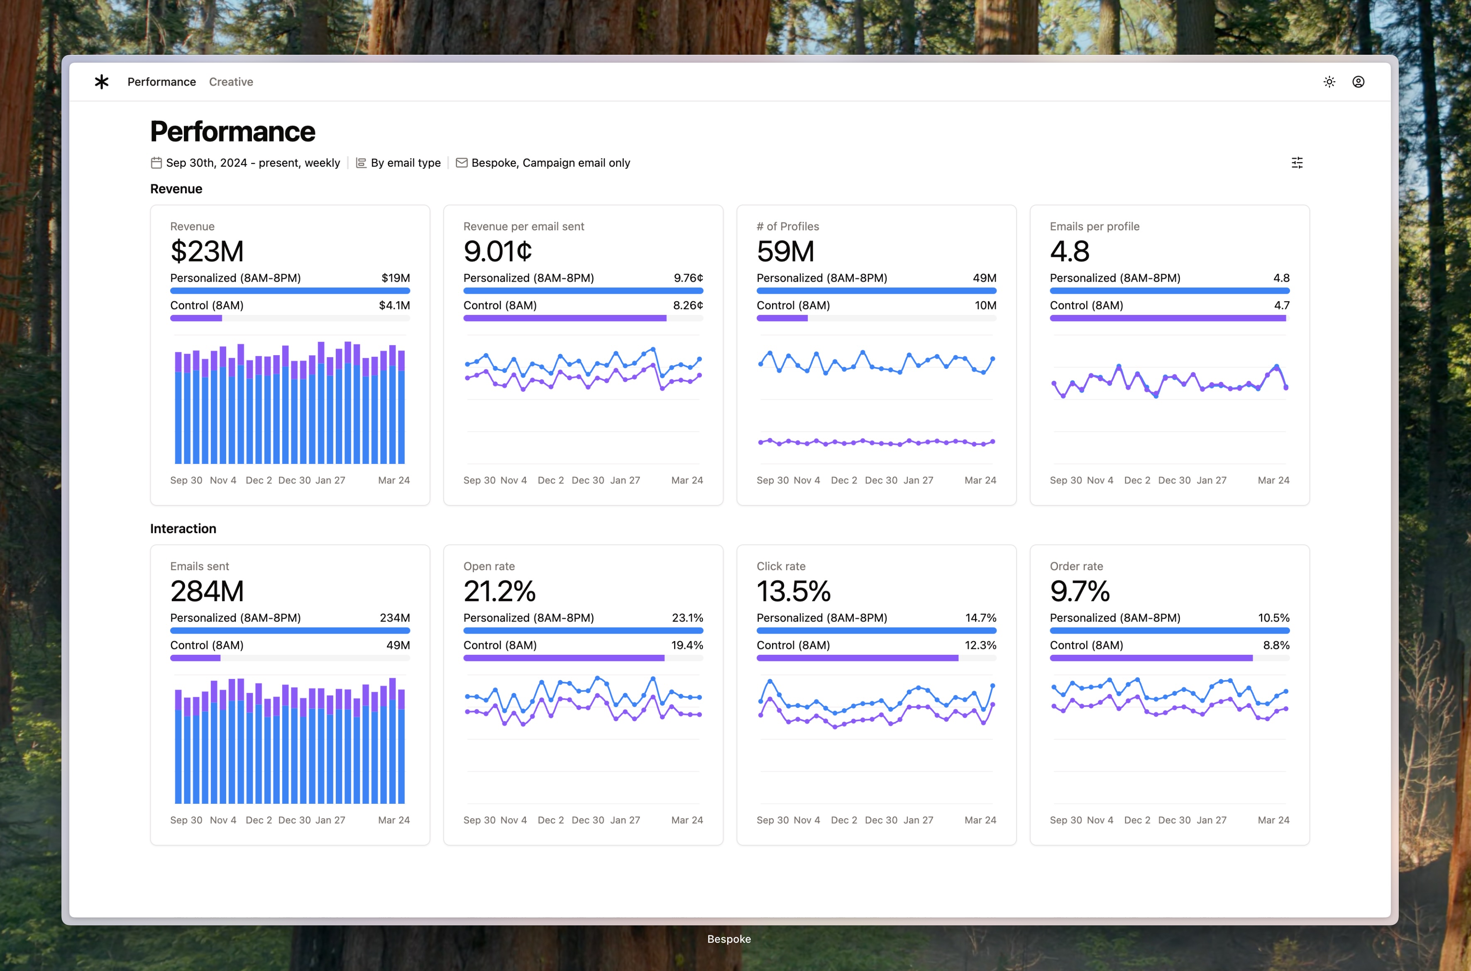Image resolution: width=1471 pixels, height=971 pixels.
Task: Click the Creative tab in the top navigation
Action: tap(230, 82)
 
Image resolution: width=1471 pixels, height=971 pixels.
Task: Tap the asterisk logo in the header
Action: tap(102, 82)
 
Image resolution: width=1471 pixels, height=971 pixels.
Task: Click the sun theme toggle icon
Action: tap(1329, 82)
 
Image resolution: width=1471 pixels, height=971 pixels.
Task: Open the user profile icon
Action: tap(1358, 82)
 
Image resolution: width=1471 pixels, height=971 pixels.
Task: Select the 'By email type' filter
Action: tap(405, 163)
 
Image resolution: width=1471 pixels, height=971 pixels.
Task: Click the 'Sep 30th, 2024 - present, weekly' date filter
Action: tap(252, 163)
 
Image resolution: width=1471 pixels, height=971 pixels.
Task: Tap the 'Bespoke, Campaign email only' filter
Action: tap(550, 163)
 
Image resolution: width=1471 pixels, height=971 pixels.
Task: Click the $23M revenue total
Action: tap(207, 251)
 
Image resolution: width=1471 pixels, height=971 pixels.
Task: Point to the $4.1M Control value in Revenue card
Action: tap(394, 305)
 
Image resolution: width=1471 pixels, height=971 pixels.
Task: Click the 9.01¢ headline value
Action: tap(497, 251)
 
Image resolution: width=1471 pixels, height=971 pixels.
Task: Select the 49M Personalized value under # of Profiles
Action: tap(984, 278)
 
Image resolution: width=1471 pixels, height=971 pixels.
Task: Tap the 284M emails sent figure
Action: tap(207, 591)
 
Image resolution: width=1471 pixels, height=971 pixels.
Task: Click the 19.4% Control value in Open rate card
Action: tap(687, 645)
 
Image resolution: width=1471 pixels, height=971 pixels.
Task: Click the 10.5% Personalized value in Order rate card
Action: tap(1273, 618)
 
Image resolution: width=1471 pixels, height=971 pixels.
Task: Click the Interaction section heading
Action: tap(183, 529)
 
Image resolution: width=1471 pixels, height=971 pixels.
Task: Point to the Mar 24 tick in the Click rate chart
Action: tap(980, 820)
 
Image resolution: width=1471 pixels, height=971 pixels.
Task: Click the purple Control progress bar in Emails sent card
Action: tap(195, 658)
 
